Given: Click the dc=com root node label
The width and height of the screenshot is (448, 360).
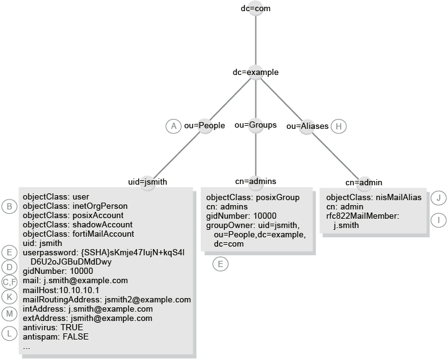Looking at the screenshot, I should point(255,9).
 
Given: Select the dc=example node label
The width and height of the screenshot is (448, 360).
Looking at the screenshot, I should point(255,72).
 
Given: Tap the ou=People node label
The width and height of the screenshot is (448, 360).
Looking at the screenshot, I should point(204,126).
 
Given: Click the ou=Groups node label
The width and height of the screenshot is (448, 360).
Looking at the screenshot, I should point(255,125).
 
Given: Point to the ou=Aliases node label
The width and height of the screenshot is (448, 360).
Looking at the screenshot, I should point(307,126).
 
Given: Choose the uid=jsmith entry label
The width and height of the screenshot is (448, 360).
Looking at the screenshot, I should point(147,182).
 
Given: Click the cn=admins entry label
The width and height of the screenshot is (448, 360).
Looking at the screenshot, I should point(255,181).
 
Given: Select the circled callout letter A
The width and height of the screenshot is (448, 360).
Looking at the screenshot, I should point(173,126).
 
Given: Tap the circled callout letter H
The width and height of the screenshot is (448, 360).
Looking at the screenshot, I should point(338,126).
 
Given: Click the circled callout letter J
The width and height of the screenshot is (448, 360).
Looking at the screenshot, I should point(438,198).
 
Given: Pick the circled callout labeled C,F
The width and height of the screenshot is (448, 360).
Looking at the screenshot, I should point(9,281).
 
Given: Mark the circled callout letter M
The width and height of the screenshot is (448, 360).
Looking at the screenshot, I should point(9,314).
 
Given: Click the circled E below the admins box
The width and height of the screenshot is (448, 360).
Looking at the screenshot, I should point(220,264).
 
